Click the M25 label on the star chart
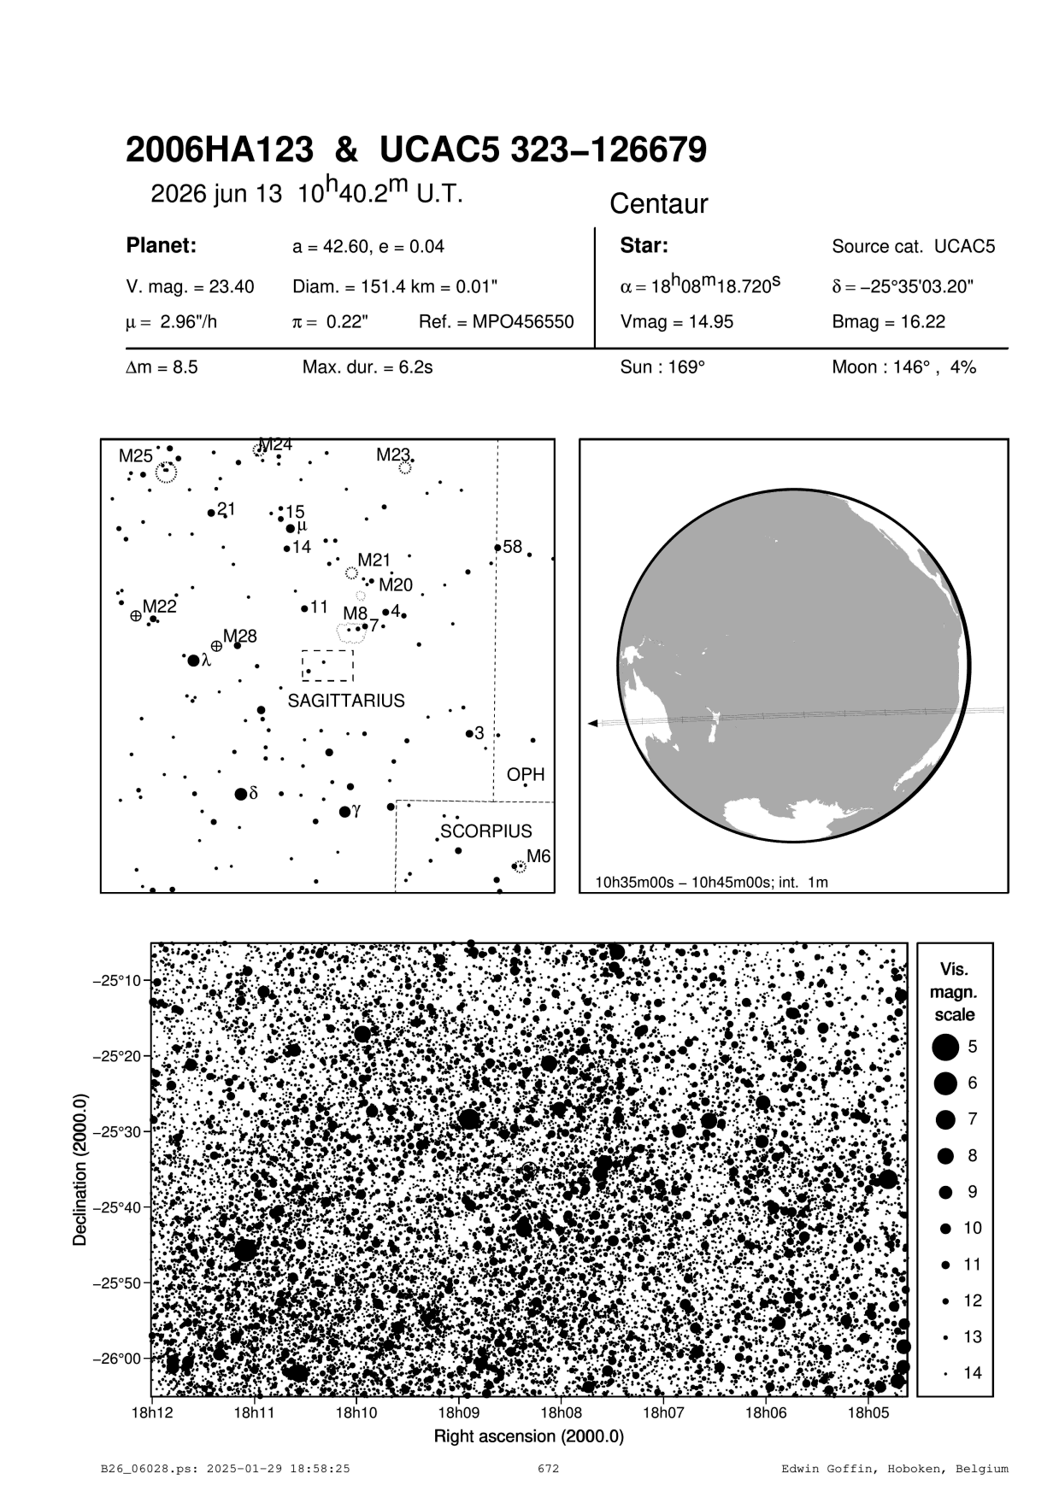click(135, 456)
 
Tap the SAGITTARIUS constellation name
click(346, 702)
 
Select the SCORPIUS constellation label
click(486, 831)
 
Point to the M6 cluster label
click(538, 856)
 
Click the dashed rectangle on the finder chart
click(327, 666)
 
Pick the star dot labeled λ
click(193, 660)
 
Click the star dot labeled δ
click(241, 794)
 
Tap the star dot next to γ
click(344, 811)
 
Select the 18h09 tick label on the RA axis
click(458, 1413)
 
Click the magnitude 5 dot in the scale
click(945, 1047)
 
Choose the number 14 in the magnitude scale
click(973, 1373)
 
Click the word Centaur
click(659, 204)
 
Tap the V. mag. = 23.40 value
click(190, 287)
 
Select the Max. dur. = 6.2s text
click(368, 367)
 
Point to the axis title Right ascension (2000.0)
click(529, 1435)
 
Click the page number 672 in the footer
click(548, 1469)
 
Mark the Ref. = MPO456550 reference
click(496, 322)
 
